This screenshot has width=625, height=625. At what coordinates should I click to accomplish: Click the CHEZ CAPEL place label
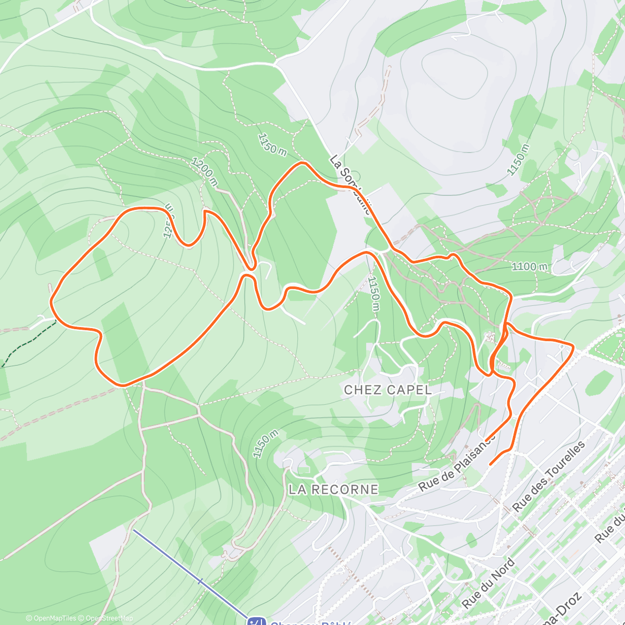[x=387, y=390]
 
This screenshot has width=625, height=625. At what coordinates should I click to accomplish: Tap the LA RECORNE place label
[x=333, y=489]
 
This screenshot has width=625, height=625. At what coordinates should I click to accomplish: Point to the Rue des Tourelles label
[x=549, y=476]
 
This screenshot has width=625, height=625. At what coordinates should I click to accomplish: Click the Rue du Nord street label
[x=489, y=583]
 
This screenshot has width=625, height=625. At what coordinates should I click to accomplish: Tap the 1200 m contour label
[x=204, y=172]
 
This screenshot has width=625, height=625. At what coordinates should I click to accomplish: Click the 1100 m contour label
[x=529, y=267]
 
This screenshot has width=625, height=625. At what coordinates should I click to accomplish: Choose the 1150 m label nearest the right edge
[x=519, y=159]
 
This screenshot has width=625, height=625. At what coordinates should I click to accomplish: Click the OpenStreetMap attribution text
[x=109, y=618]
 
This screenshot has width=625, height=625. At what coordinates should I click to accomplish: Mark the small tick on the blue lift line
[x=199, y=581]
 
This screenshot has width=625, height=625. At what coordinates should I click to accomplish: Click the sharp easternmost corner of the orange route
[x=574, y=346]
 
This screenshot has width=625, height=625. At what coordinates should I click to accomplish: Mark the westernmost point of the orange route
[x=51, y=301]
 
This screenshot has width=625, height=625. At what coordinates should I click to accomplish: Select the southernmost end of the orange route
[x=491, y=464]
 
